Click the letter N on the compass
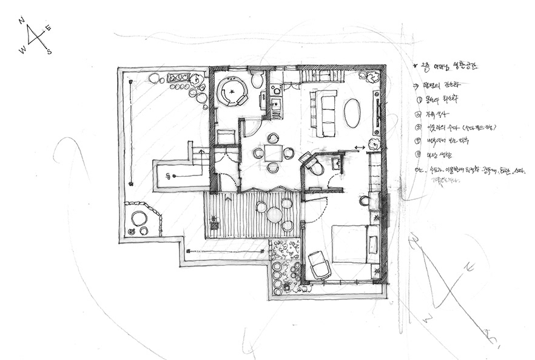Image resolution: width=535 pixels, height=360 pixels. pos(22,20)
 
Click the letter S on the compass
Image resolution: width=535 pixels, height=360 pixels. pos(49,52)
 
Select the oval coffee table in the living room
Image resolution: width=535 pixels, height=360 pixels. pos(352,113)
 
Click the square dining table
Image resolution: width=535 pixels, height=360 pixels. pos(273,152)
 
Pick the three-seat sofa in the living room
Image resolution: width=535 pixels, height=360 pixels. pos(324,114)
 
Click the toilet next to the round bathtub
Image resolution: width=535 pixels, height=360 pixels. pos(257,80)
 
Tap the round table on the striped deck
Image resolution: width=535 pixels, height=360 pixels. pos(275,214)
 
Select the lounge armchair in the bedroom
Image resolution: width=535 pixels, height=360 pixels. pos(319,265)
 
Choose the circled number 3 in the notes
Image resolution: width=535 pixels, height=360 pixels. pos(419,127)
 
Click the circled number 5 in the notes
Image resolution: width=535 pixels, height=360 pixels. pos(419,154)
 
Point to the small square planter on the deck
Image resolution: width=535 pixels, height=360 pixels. pos(214,226)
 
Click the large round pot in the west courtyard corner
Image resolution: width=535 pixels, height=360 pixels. pos(140,218)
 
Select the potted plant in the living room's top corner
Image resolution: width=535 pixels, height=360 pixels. pos(371,76)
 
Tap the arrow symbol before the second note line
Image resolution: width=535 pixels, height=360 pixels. pos(416,86)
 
